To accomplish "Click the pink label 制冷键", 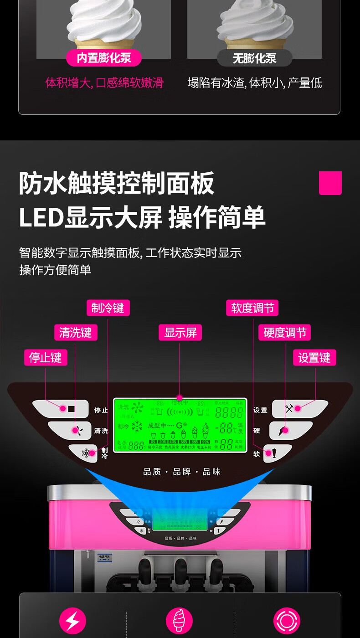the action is click(108, 308).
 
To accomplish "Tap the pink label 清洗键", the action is click(75, 333).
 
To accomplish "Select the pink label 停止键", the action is click(46, 357).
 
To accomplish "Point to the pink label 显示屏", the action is click(180, 333).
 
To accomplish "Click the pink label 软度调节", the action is click(252, 308).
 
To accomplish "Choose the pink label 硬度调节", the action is click(285, 333).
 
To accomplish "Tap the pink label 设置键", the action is click(314, 357).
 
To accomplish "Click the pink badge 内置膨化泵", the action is click(103, 58).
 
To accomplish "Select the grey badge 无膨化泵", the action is click(254, 58).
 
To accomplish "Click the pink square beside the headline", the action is click(330, 183).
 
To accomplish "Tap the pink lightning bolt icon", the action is click(72, 621).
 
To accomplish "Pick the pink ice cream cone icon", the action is click(180, 621).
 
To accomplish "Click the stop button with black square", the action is click(62, 409).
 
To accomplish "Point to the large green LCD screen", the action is click(180, 425).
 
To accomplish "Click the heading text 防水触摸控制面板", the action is click(117, 184).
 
